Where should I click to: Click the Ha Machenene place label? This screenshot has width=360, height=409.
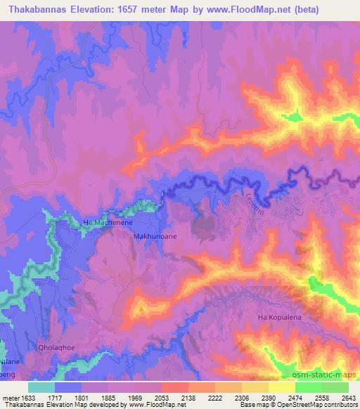107,222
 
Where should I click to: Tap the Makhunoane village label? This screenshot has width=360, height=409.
155,238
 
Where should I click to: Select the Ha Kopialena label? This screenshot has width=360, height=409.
281,318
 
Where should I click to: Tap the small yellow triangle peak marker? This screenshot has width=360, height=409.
141,308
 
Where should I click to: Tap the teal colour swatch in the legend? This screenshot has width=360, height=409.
41,387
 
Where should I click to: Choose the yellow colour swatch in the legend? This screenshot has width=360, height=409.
282,387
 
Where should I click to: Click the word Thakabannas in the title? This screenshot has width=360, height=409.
37,10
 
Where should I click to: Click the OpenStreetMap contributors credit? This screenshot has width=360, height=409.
318,405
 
